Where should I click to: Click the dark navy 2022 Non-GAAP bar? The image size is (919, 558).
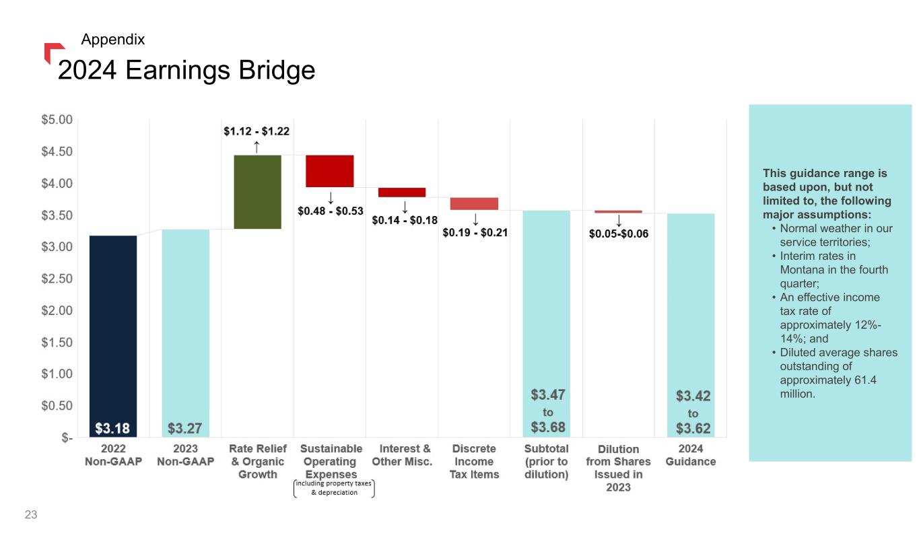point(113,330)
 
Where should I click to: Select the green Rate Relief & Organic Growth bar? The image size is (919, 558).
point(257,192)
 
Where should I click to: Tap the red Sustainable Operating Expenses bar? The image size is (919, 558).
point(330,171)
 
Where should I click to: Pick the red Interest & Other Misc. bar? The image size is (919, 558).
point(402,193)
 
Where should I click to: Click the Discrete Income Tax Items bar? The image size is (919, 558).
point(474,204)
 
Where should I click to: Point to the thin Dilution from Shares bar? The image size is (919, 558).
point(618,211)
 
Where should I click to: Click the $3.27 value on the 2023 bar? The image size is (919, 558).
point(184,428)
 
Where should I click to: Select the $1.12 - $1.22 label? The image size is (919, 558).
point(257,132)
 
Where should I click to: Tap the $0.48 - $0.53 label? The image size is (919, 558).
point(331,211)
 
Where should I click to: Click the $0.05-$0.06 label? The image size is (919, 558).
point(619,234)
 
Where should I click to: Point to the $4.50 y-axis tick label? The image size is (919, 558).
point(57,151)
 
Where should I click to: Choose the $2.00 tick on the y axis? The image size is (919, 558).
point(57,310)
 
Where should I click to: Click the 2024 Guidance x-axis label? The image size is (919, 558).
point(691,455)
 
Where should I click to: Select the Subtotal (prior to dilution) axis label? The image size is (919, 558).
point(546,461)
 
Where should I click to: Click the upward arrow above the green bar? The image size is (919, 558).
point(257,147)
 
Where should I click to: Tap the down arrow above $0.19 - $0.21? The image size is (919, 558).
point(475,219)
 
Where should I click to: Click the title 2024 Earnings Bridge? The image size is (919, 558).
point(186,70)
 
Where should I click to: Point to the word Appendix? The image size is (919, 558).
point(112,40)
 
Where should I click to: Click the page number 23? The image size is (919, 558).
point(31,516)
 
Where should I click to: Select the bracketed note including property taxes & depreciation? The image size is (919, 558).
point(334,488)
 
